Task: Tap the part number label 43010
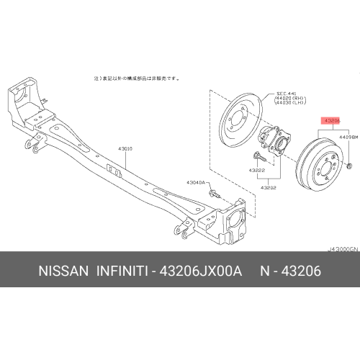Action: point(126,149)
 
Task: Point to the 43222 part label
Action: point(258,170)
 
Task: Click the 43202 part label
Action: point(269,186)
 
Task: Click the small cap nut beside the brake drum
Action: point(348,166)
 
